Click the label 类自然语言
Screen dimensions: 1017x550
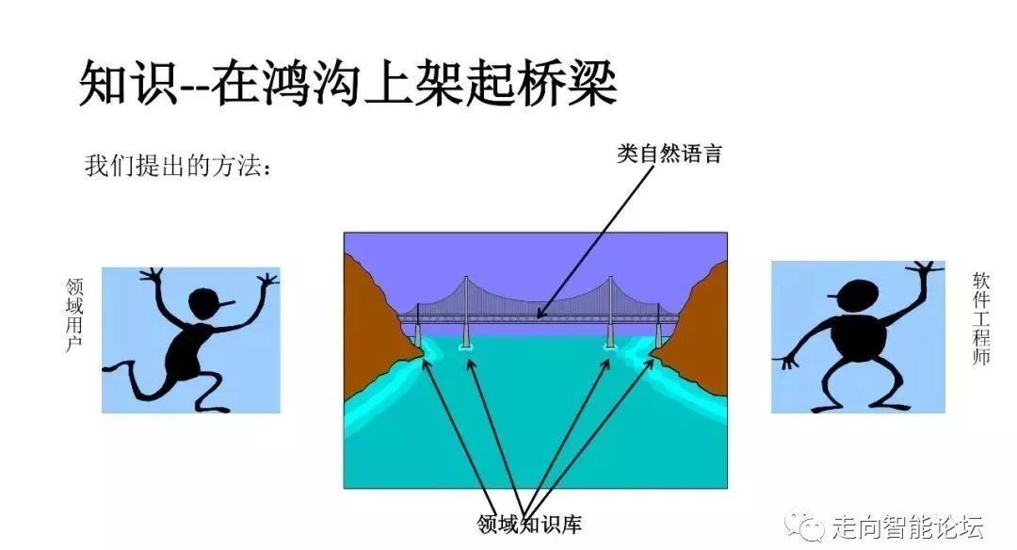pos(670,154)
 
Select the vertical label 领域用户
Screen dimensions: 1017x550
pos(74,315)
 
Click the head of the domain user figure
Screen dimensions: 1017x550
pos(209,304)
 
